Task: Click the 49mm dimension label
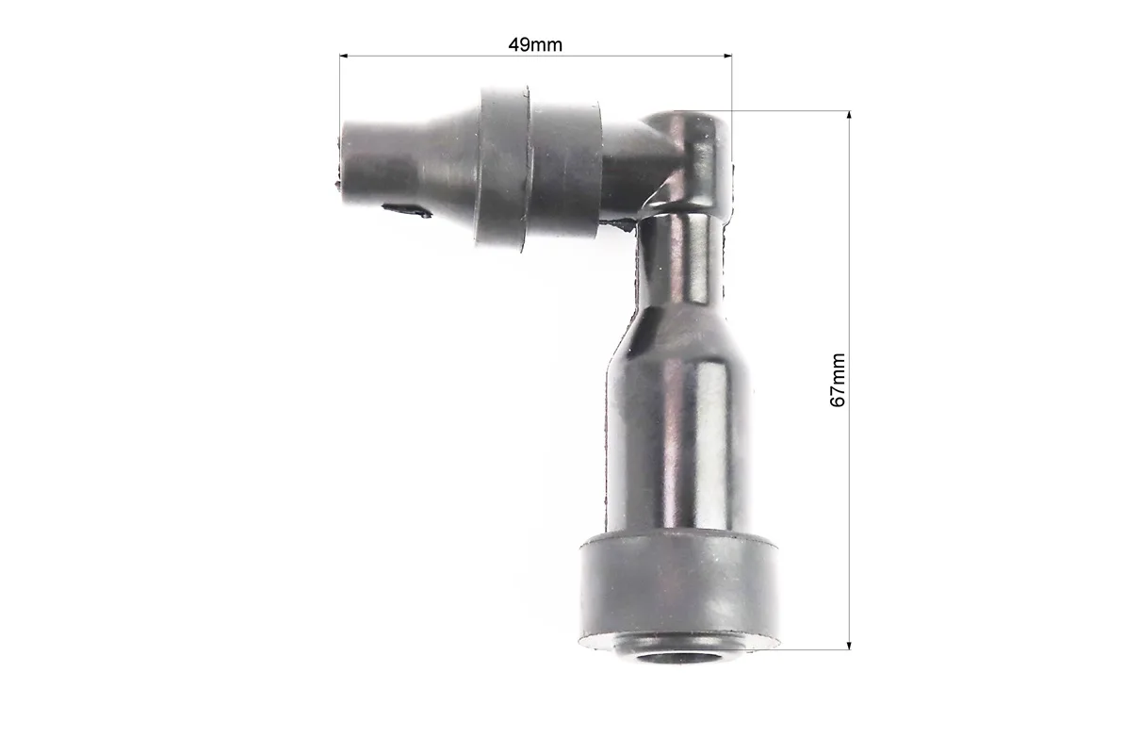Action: [535, 44]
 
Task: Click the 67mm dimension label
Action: [838, 380]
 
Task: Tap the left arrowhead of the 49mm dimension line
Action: [344, 56]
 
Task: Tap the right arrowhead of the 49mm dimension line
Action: [727, 56]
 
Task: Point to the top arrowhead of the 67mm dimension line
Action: [850, 116]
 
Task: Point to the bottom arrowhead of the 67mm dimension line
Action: [850, 645]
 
